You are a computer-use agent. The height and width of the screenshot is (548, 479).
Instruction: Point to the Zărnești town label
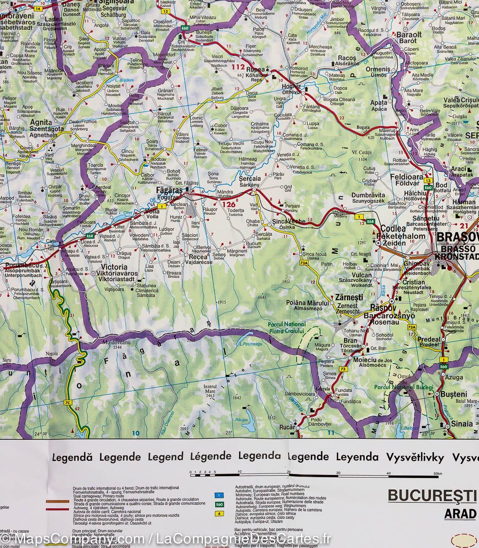[x=349, y=297]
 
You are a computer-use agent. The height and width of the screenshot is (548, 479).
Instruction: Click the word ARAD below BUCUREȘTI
[x=460, y=513]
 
